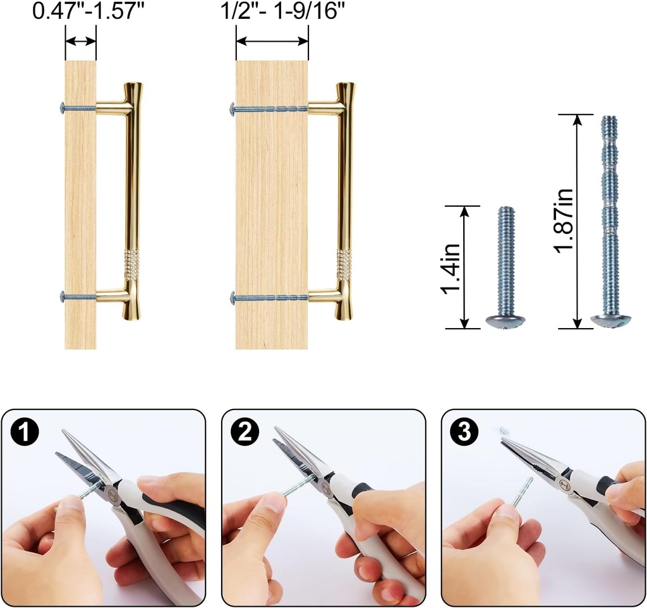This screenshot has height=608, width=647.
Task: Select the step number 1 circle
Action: click(x=25, y=434)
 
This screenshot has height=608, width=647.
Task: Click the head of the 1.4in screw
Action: click(x=505, y=321)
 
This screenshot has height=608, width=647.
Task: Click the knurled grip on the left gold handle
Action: click(x=131, y=265)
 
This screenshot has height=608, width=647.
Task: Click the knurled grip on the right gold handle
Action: click(x=343, y=265)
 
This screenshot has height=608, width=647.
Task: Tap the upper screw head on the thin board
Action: click(x=62, y=108)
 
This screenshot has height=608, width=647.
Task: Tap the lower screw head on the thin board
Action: click(x=62, y=296)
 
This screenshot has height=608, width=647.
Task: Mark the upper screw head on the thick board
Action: click(x=233, y=109)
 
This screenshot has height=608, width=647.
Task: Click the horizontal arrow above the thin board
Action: click(x=80, y=42)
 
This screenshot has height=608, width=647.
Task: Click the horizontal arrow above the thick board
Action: click(x=272, y=42)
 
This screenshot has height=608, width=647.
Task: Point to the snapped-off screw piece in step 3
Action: click(x=504, y=430)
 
